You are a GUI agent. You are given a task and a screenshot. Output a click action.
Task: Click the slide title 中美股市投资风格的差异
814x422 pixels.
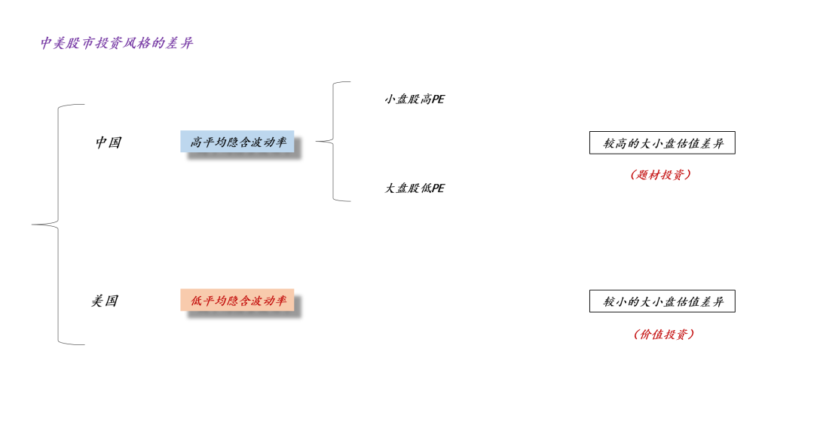coord(117,43)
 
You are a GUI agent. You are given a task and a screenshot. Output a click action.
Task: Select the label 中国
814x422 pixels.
coord(108,142)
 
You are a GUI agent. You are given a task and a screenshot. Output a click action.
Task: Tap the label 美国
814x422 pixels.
coord(105,301)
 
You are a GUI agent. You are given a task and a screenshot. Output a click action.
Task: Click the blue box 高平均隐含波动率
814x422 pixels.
coord(237,142)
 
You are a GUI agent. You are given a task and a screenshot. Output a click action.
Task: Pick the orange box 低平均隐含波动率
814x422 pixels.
coord(237,301)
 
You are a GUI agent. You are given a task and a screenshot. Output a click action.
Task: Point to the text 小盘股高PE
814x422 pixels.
coord(415,99)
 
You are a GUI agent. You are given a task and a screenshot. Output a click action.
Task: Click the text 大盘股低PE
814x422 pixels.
coord(415,188)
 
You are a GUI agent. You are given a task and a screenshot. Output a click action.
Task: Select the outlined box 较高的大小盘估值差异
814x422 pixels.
coord(662,143)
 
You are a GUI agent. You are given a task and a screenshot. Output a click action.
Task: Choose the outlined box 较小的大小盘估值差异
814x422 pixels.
coord(662,302)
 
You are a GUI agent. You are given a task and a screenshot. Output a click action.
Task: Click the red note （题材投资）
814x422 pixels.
coord(660,175)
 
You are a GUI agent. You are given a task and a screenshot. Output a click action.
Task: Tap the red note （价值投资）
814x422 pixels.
coord(663,335)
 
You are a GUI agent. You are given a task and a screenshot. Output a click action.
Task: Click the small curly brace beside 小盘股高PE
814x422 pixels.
coord(332,141)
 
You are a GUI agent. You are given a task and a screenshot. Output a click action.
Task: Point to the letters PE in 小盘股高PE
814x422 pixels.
coord(437,99)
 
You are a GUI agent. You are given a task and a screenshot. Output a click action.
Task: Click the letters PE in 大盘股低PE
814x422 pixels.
coord(437,188)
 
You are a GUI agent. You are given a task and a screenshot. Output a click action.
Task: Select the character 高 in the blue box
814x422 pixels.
coord(196,142)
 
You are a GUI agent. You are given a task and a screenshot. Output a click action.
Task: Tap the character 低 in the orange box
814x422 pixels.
coord(196,301)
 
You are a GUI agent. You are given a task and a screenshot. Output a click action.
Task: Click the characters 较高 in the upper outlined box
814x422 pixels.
coord(615,143)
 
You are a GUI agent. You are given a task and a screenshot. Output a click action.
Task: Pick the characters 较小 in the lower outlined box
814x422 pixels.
coord(615,302)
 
